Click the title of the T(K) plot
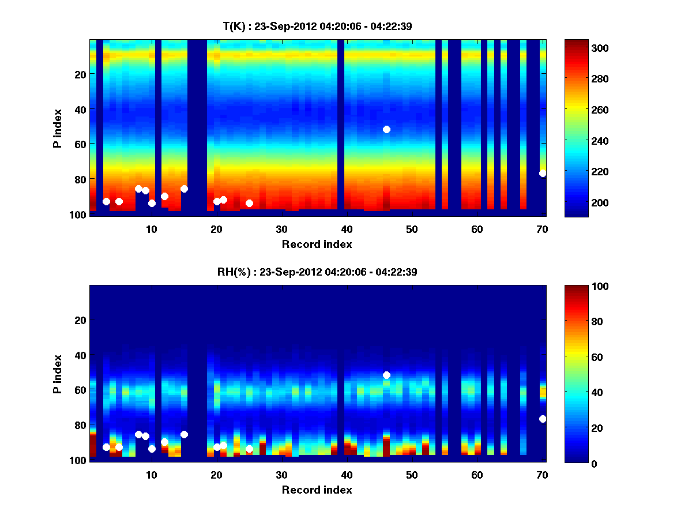(317, 26)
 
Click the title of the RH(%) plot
(317, 272)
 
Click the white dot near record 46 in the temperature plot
(386, 129)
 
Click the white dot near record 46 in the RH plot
(386, 375)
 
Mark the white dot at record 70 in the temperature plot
(543, 173)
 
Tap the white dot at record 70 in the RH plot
(543, 419)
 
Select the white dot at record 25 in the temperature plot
(249, 203)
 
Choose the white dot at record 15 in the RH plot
(184, 434)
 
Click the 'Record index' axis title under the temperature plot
(317, 245)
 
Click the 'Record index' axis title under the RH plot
(317, 490)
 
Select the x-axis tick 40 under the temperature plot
(347, 229)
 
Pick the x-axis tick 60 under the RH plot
(477, 475)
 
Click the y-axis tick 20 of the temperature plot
(80, 74)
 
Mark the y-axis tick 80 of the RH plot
(80, 425)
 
